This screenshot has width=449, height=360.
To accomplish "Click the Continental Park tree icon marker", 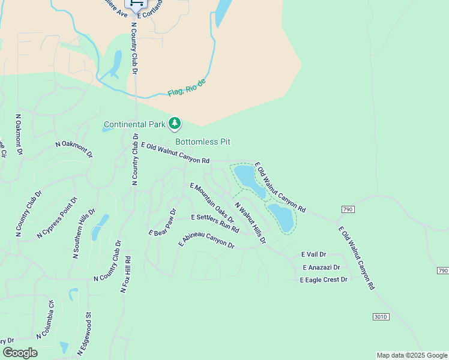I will tap(175, 124).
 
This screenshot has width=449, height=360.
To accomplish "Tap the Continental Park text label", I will tap(134, 125).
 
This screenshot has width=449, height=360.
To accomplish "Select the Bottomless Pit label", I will tap(203, 142).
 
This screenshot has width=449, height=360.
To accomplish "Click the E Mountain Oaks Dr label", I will tap(211, 203).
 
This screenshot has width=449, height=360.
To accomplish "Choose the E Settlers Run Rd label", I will tap(214, 222).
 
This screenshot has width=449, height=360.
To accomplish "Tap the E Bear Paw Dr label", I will tap(163, 222).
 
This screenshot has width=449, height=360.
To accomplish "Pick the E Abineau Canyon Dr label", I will tap(206, 240).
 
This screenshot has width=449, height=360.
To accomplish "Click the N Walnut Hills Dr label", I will tap(250, 223).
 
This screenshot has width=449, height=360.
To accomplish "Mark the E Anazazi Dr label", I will tap(321, 267).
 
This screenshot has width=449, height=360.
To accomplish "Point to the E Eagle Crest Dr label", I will tap(324, 280).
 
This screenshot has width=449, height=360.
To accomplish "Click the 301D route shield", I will tap(381, 316).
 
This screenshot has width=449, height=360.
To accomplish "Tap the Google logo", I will tap(20, 352).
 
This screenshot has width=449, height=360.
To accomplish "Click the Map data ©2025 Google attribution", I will tap(411, 355).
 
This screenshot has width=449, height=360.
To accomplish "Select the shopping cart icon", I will tap(136, 4).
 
